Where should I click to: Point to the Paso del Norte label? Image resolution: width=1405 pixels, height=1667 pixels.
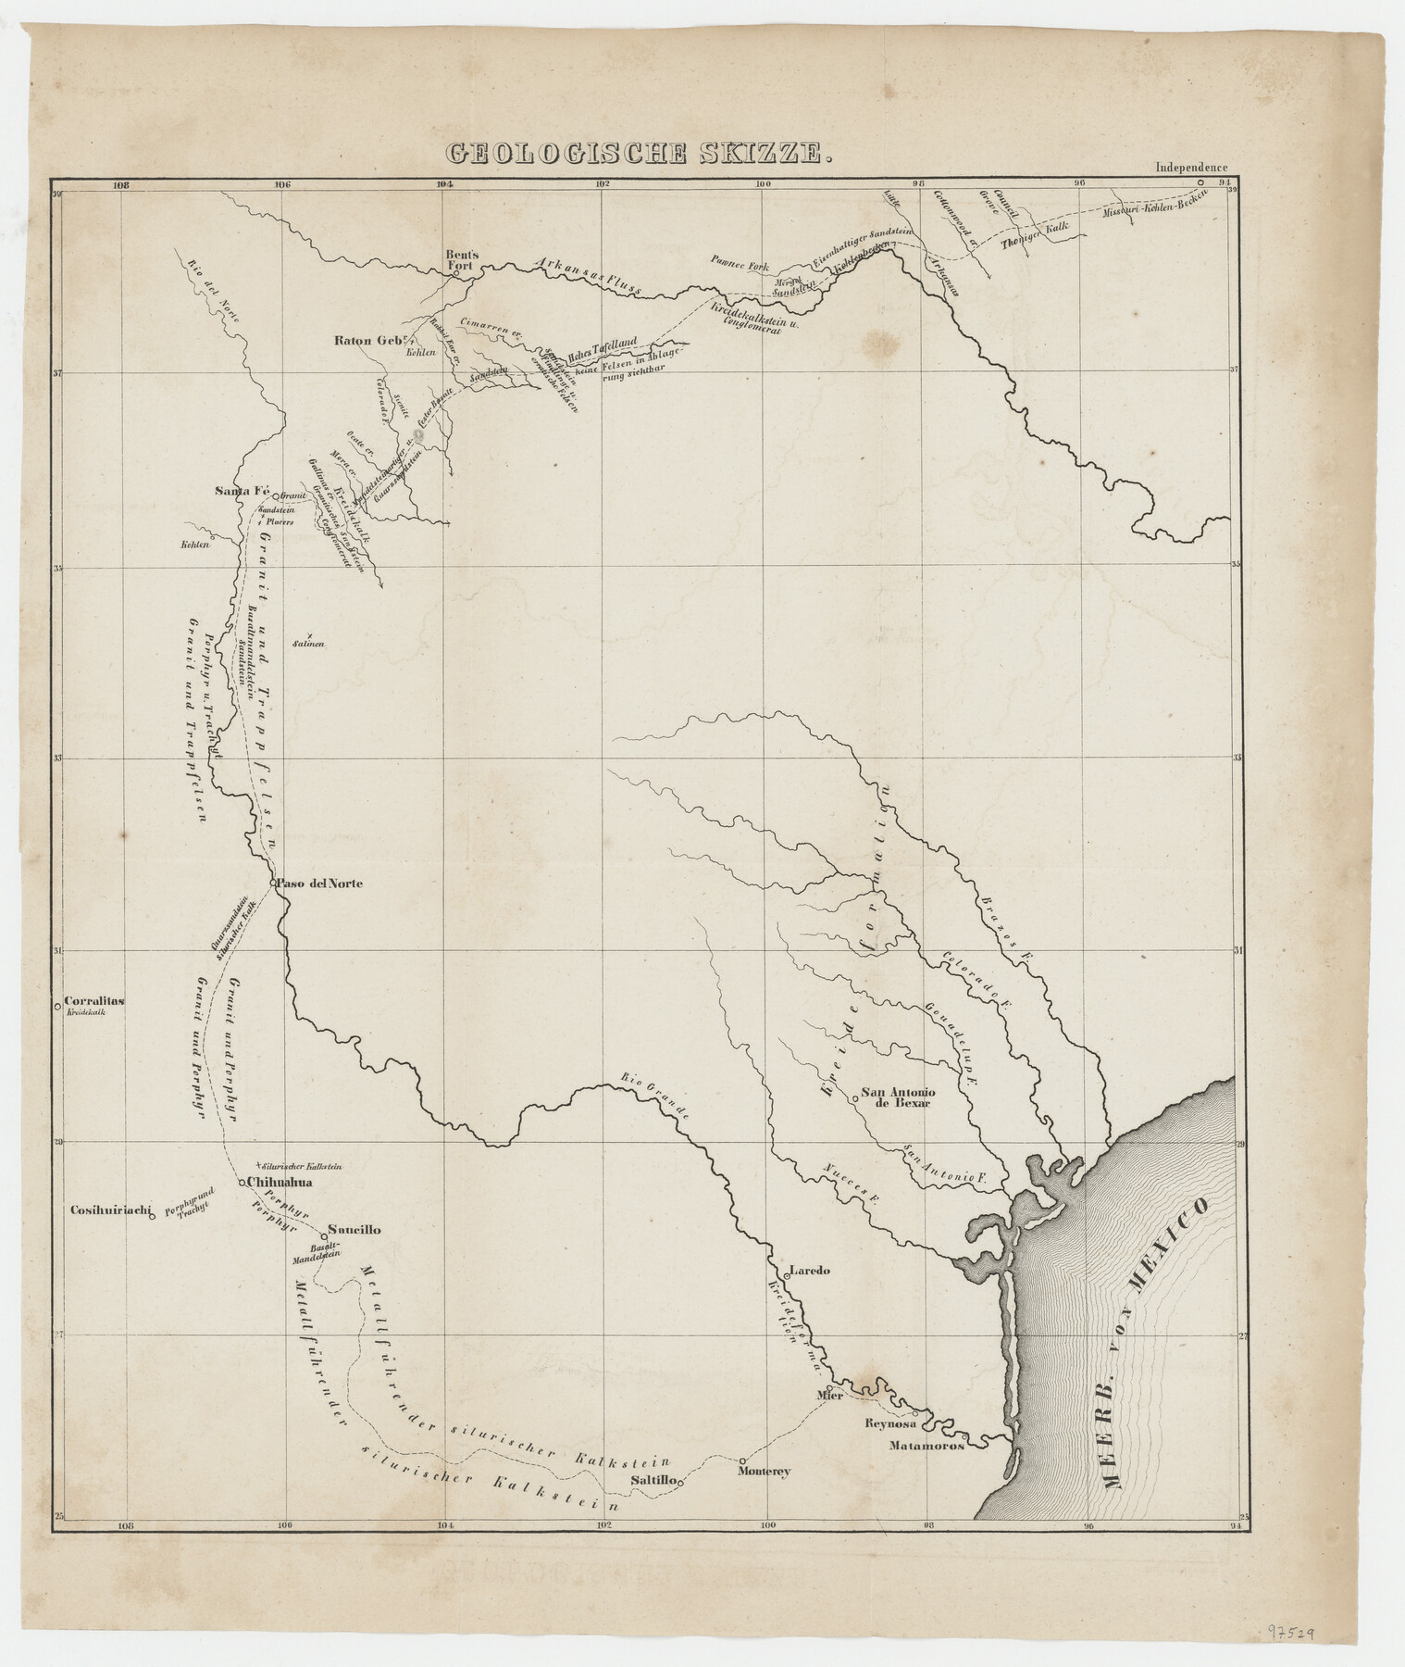(x=320, y=884)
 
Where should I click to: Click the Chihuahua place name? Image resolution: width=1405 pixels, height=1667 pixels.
(x=281, y=1183)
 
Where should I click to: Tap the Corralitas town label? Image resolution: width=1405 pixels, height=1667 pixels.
(x=95, y=1001)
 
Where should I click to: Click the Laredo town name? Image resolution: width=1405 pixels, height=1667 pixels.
(x=811, y=1271)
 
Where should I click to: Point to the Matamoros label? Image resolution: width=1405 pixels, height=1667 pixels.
(x=926, y=1445)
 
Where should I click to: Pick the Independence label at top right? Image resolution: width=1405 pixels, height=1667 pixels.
(x=1191, y=168)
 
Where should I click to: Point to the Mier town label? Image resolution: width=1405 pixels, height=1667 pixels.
(x=829, y=1395)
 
